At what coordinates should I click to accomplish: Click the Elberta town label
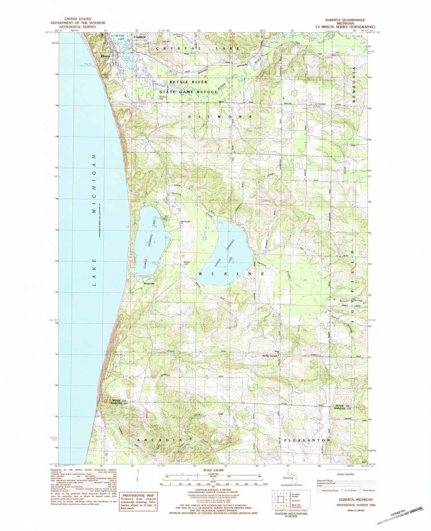coord(106,56)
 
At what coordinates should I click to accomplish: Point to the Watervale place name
coord(149,284)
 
